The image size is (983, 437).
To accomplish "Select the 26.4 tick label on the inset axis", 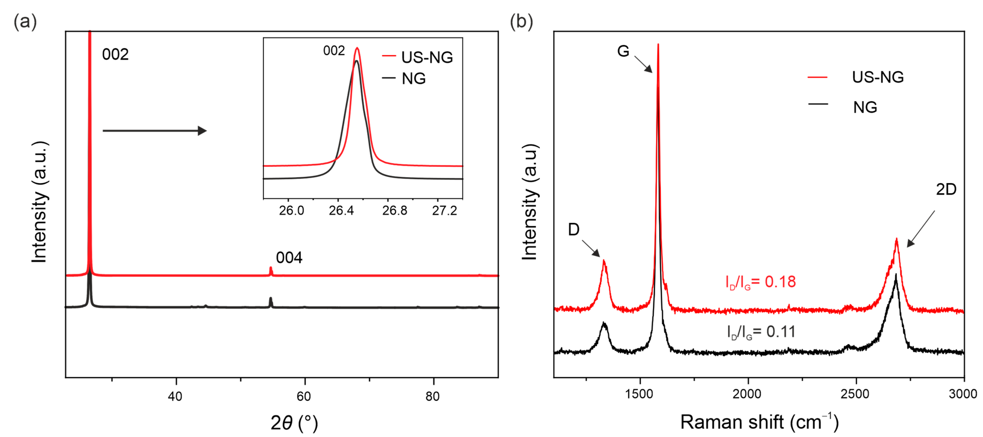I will pos(341,210).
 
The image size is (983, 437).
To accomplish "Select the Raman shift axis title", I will pos(759,422).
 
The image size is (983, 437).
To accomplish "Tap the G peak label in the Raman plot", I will pos(623,51).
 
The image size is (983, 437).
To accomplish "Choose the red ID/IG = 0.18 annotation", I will pos(761,282).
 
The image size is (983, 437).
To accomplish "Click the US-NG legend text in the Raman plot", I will pos(878,77).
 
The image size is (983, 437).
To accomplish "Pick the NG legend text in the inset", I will pos(414,79).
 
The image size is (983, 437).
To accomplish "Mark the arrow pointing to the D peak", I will pos(591,248).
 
